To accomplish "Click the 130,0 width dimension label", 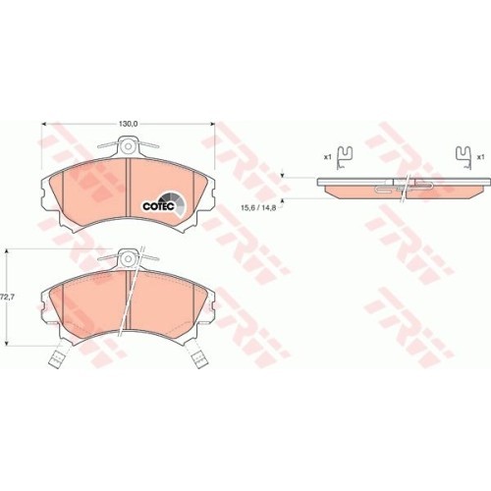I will tap(128, 124).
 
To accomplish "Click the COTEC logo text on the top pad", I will tap(158, 206).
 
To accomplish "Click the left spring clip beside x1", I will tap(345, 154).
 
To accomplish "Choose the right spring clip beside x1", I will tap(462, 154).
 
